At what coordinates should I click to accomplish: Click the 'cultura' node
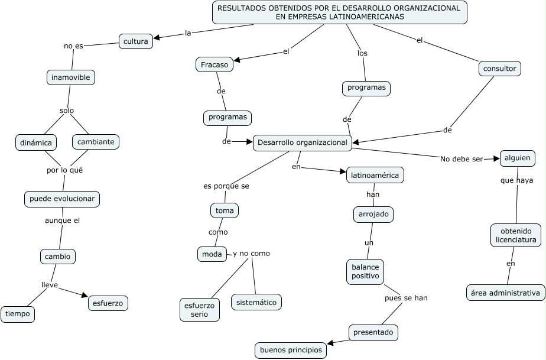[136, 41]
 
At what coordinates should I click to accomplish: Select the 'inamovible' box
[71, 77]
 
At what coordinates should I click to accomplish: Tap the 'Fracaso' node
[214, 64]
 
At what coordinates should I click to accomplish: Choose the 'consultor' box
[500, 69]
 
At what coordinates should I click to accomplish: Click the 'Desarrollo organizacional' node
[303, 142]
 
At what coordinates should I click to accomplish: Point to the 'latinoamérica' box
[375, 175]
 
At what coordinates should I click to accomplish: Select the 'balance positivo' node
[365, 272]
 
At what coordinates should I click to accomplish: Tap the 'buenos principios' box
[291, 350]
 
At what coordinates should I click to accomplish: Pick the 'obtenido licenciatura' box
[516, 235]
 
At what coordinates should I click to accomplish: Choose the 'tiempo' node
[18, 314]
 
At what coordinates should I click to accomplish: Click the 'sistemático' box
[256, 302]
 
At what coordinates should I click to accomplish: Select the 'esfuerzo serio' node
[200, 310]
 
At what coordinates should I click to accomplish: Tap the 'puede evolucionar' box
[62, 199]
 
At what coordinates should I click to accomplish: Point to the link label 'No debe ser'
[461, 159]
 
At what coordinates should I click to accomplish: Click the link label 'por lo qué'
[65, 170]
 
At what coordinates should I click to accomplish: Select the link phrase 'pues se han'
[406, 298]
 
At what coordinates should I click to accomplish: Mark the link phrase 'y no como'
[251, 254]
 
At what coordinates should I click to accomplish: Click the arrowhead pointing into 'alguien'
[496, 158]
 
